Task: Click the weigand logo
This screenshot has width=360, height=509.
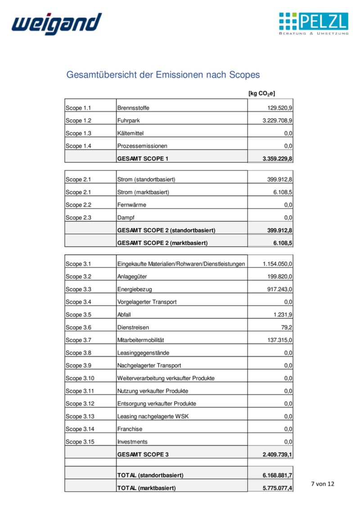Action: coord(56,23)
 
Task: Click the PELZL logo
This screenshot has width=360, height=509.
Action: coord(313,23)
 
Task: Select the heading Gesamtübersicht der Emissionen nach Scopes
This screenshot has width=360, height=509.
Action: coord(163,75)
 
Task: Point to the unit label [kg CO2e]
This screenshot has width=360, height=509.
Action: coord(261,93)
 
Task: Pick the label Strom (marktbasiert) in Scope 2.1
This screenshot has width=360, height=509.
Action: coord(146,192)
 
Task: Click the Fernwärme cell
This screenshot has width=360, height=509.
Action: coord(131,205)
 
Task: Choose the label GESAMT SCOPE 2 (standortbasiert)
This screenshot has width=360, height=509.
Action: coord(166,230)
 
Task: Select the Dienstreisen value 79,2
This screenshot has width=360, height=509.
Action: coord(287,327)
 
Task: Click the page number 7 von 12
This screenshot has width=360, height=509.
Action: coord(323,484)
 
